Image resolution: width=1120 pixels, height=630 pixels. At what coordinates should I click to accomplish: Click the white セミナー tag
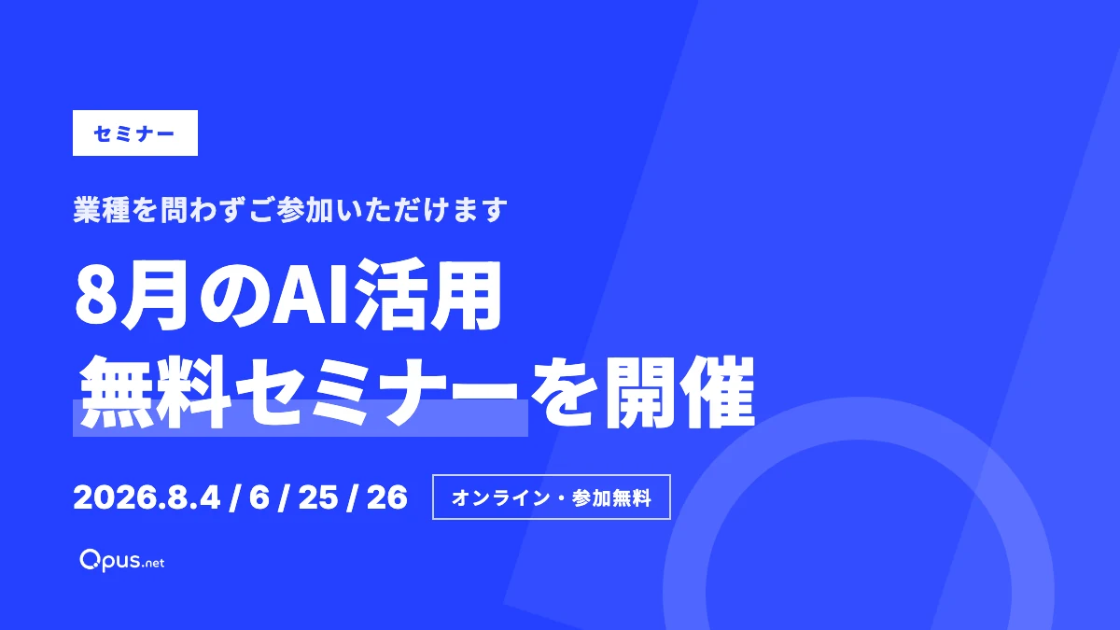click(x=135, y=133)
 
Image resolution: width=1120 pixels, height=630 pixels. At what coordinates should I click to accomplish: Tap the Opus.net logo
click(x=122, y=561)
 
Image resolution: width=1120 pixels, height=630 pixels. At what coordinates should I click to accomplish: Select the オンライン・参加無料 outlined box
click(x=552, y=497)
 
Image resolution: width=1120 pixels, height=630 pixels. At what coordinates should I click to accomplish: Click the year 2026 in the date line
click(x=116, y=497)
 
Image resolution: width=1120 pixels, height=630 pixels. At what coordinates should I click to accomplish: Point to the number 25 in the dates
click(x=318, y=497)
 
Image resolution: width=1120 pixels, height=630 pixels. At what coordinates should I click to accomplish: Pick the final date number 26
click(x=387, y=497)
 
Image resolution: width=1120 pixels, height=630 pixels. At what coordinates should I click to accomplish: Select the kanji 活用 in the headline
click(x=428, y=294)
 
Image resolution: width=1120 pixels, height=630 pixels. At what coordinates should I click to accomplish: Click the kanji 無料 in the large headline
click(x=156, y=392)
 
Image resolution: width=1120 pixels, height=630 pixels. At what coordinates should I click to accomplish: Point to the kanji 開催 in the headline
click(x=680, y=392)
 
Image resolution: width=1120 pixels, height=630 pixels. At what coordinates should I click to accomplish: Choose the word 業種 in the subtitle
click(x=102, y=209)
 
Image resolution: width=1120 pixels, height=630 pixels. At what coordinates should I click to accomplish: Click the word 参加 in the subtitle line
click(x=305, y=209)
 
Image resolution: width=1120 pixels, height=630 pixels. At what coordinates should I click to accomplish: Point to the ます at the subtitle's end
click(x=479, y=210)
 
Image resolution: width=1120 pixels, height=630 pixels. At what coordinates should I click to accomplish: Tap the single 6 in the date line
click(x=259, y=497)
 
